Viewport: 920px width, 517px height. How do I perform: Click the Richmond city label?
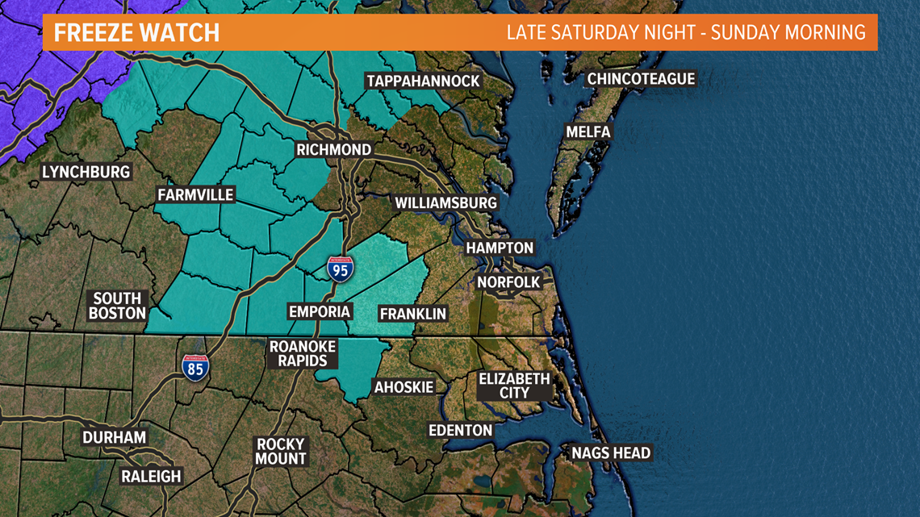point(333,150)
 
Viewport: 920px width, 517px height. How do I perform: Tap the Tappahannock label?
point(423,81)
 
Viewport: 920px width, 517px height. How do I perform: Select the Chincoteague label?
point(641,79)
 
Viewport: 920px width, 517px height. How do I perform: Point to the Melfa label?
point(588,131)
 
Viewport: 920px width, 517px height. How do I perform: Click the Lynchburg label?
point(86,173)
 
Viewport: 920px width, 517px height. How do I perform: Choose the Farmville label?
point(195,195)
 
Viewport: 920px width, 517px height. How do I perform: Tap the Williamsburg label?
point(445,203)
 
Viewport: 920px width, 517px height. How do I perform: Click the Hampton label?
point(500,248)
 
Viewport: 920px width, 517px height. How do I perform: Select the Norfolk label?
point(508,282)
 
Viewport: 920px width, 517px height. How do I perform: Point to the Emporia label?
point(320,311)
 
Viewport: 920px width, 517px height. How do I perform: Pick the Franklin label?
point(412,314)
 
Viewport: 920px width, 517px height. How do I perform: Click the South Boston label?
point(117,306)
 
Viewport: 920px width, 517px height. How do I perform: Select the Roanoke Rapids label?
point(303,353)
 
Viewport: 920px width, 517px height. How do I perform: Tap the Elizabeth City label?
point(514,386)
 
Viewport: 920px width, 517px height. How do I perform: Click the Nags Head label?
point(611,453)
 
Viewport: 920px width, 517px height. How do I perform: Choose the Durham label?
point(114,438)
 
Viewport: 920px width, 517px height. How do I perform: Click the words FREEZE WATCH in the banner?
point(136,33)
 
